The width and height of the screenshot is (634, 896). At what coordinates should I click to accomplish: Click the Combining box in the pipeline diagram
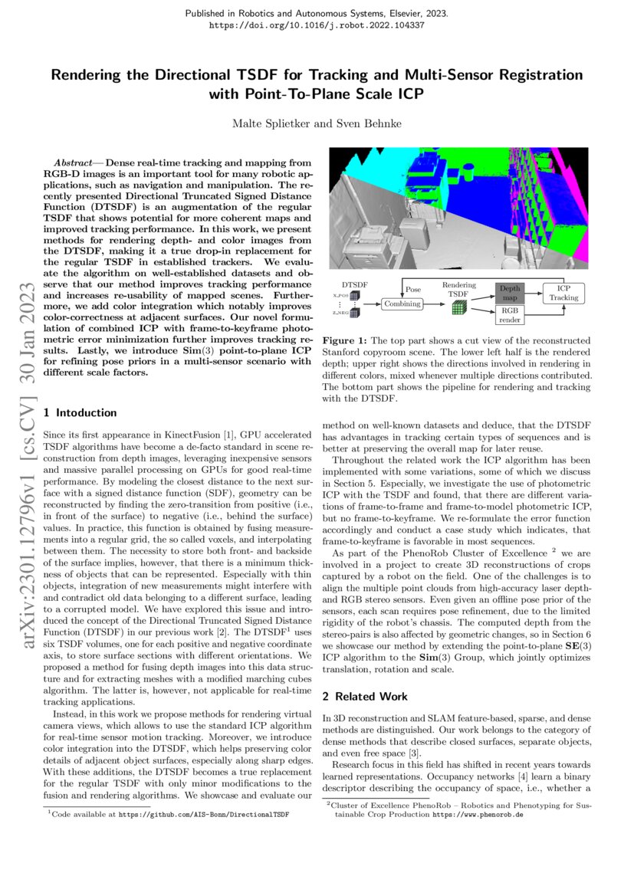(402, 304)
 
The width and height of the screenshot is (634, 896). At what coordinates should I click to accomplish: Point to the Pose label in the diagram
(413, 290)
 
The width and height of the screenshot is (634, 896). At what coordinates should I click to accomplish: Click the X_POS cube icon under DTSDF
(355, 295)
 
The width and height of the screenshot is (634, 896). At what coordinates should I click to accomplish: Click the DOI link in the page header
(317, 25)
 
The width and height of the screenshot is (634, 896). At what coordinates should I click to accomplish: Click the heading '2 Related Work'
(364, 696)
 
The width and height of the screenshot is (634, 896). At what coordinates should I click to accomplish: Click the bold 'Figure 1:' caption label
(346, 340)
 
